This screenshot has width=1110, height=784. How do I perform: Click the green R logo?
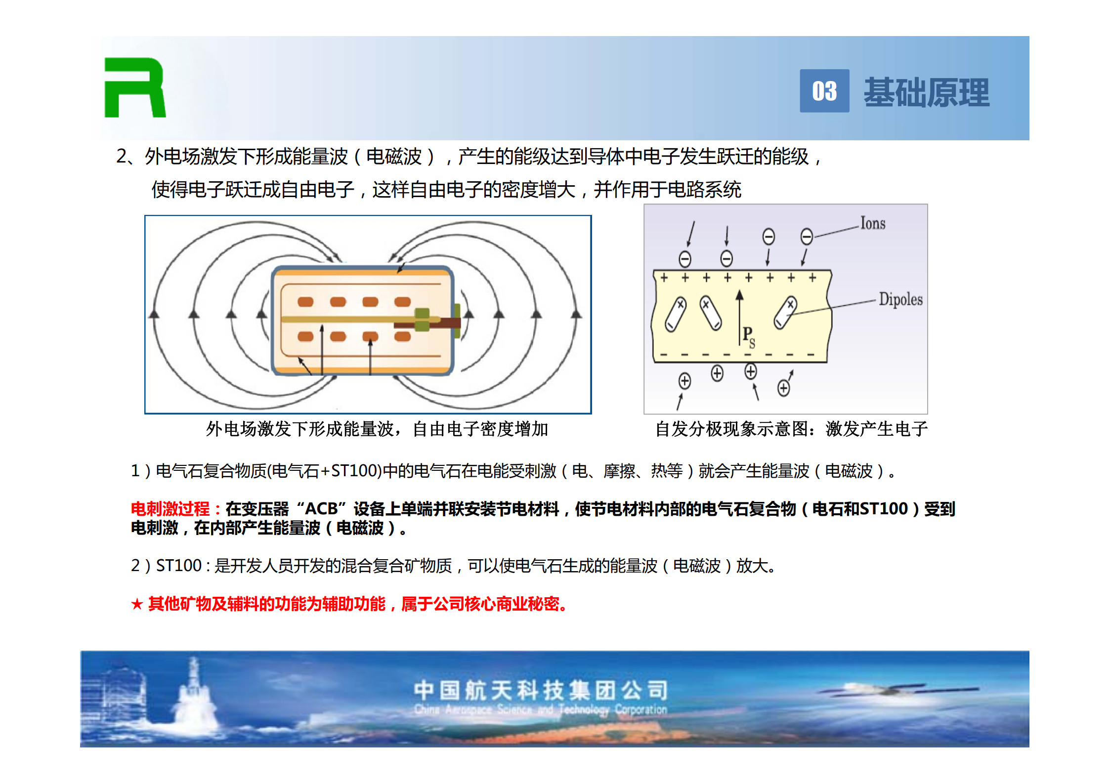(134, 87)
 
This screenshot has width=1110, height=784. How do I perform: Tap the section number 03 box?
(824, 91)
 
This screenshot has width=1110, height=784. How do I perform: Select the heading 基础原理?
(927, 92)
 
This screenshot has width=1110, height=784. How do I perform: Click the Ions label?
(873, 223)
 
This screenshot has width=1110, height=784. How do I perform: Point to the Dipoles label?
(900, 299)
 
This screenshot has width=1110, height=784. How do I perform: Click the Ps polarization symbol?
(749, 336)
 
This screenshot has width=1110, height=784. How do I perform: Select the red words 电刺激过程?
(171, 508)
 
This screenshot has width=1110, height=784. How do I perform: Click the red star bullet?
(137, 604)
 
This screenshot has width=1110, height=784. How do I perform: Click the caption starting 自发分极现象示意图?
(792, 429)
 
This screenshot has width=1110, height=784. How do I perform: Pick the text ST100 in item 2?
(179, 565)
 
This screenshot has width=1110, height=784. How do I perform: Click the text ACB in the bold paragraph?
(321, 508)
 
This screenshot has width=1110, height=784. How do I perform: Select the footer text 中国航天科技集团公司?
(541, 690)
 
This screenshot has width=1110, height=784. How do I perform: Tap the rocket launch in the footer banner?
(194, 697)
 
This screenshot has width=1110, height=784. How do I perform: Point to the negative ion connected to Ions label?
(807, 237)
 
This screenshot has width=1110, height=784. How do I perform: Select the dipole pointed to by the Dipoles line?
(785, 313)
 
